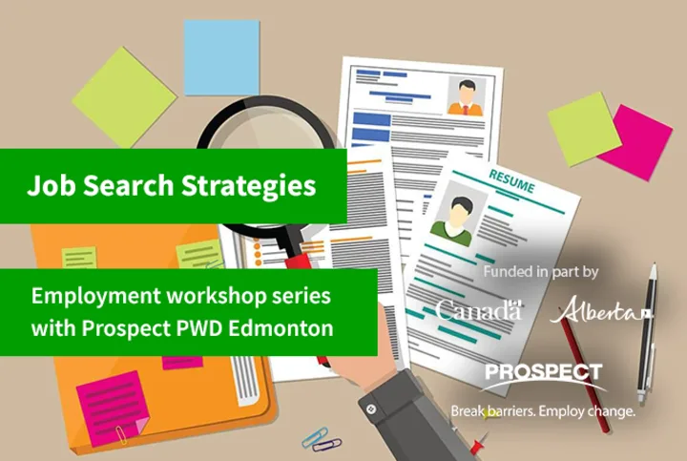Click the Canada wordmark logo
coord(479,310)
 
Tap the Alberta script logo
coord(600,310)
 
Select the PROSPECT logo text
coord(543,372)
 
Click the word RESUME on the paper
coord(511,181)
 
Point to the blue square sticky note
coord(221,57)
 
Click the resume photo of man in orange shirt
coord(466,96)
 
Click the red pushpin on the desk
coord(478,444)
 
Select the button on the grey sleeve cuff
coord(371,409)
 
